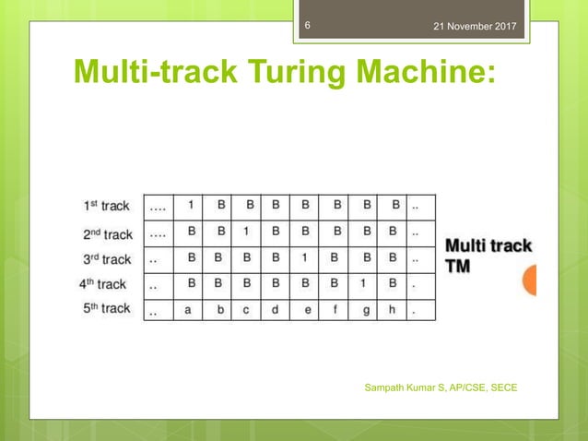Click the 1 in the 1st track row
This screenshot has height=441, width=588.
click(190, 205)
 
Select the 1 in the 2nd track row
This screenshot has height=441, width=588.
click(247, 232)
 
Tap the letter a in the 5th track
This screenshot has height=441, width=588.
click(189, 310)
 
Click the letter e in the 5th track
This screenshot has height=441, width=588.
click(307, 310)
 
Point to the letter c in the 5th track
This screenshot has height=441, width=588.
click(247, 310)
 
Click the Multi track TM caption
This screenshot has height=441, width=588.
click(488, 255)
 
